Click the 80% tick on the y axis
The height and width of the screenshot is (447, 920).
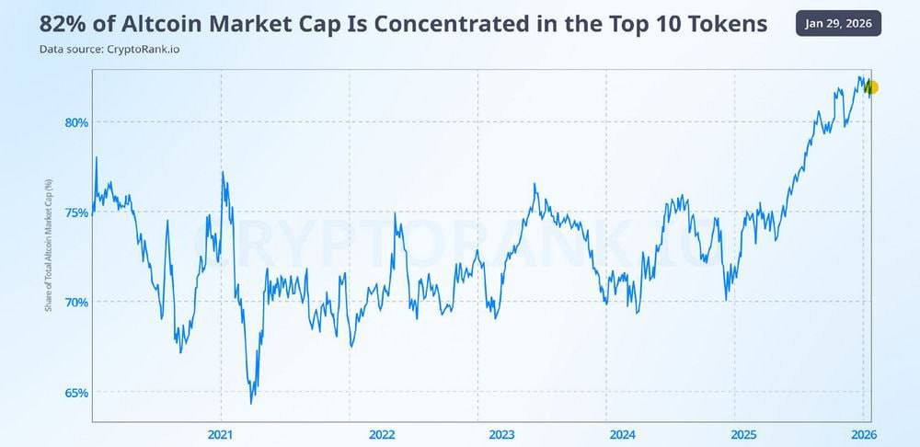click(76, 122)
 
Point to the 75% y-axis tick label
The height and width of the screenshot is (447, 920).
click(76, 212)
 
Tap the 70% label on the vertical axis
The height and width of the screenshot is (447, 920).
click(76, 303)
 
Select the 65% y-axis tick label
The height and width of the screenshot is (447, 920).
click(76, 393)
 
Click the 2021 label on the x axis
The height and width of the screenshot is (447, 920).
click(221, 434)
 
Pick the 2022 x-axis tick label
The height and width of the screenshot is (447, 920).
click(381, 434)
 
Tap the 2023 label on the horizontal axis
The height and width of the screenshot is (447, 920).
click(501, 434)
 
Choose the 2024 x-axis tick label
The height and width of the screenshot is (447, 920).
click(622, 434)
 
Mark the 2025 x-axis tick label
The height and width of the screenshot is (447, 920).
click(742, 434)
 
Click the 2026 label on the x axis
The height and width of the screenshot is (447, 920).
click(863, 434)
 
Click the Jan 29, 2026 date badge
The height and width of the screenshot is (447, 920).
click(838, 23)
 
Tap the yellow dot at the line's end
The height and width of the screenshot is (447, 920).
click(872, 87)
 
